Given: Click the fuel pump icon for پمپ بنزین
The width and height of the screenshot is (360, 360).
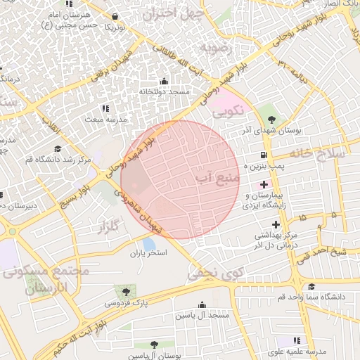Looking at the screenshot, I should point(264,155).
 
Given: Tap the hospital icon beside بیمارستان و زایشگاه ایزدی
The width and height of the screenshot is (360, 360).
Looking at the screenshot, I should point(264,184).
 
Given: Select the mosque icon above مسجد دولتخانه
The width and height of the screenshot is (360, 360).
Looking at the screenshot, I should point(165,81).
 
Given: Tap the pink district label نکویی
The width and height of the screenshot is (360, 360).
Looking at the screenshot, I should point(226,110).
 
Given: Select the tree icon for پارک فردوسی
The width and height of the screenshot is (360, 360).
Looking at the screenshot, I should point(126,290).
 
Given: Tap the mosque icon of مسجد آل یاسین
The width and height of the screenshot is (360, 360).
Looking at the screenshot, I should point(203,305).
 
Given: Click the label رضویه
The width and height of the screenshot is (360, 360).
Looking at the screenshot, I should point(216,48).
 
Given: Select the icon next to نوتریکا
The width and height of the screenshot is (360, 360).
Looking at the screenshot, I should point(115,16).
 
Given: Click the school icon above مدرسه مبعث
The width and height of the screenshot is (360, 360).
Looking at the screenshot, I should point(105,108).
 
